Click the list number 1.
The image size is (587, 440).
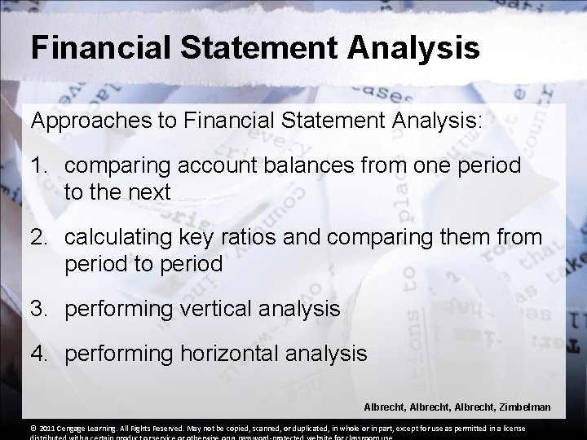pyautogui.click(x=38, y=165)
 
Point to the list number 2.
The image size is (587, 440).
pyautogui.click(x=38, y=238)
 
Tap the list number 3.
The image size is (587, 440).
pyautogui.click(x=38, y=309)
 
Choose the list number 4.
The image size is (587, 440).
pyautogui.click(x=38, y=354)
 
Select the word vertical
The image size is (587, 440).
pyautogui.click(x=212, y=309)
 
